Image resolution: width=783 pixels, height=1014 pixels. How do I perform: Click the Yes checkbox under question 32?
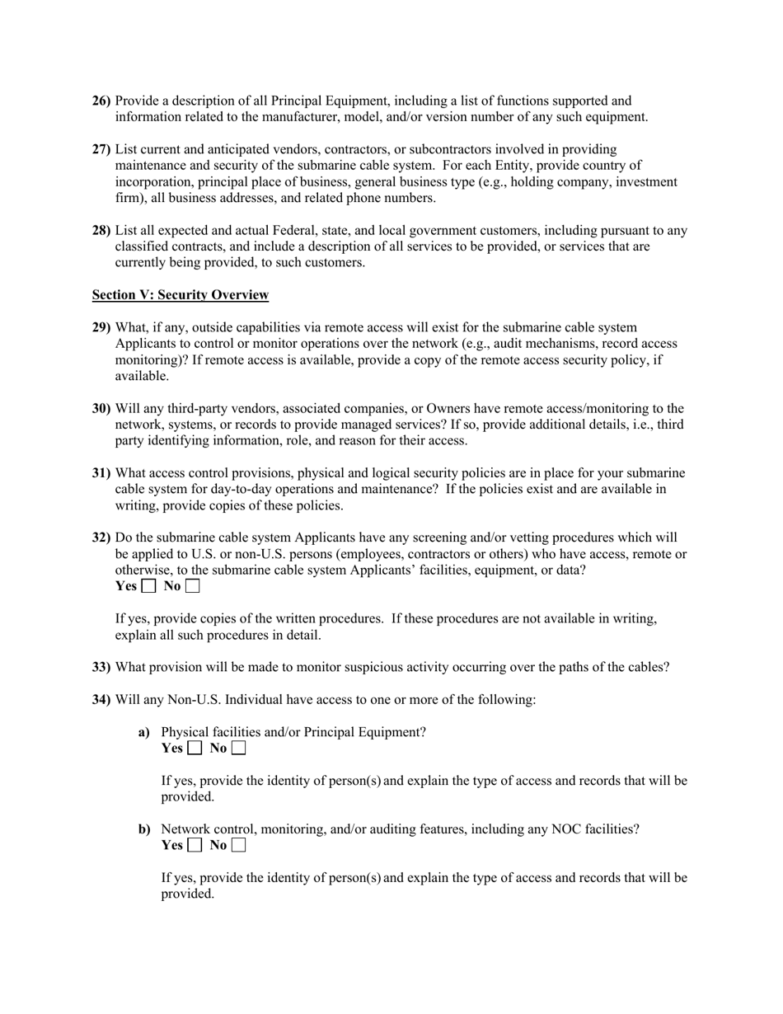tap(148, 587)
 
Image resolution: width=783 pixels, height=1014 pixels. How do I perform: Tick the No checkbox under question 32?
tap(192, 587)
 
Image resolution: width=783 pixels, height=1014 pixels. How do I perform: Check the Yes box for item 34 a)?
tap(195, 749)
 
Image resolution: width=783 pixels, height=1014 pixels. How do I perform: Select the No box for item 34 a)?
tap(238, 749)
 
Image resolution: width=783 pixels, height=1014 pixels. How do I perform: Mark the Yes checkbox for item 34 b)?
tap(195, 845)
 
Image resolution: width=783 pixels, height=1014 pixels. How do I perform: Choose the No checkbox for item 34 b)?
tap(238, 845)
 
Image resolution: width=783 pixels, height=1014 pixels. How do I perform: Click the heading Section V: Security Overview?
tap(180, 295)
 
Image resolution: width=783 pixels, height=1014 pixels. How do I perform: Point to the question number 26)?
tap(101, 101)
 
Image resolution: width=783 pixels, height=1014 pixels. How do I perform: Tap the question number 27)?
tap(101, 149)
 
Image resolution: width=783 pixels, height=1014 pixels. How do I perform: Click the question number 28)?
tap(101, 231)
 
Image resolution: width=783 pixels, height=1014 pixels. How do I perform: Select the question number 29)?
tap(101, 327)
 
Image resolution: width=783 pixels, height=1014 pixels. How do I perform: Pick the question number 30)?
tap(101, 409)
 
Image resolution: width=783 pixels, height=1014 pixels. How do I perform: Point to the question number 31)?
tap(101, 473)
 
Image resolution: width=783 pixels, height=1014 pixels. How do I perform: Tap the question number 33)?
tap(101, 667)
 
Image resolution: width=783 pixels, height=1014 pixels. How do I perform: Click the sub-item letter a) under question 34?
tap(144, 732)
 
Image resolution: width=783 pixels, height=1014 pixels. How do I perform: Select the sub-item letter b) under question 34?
tap(144, 829)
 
